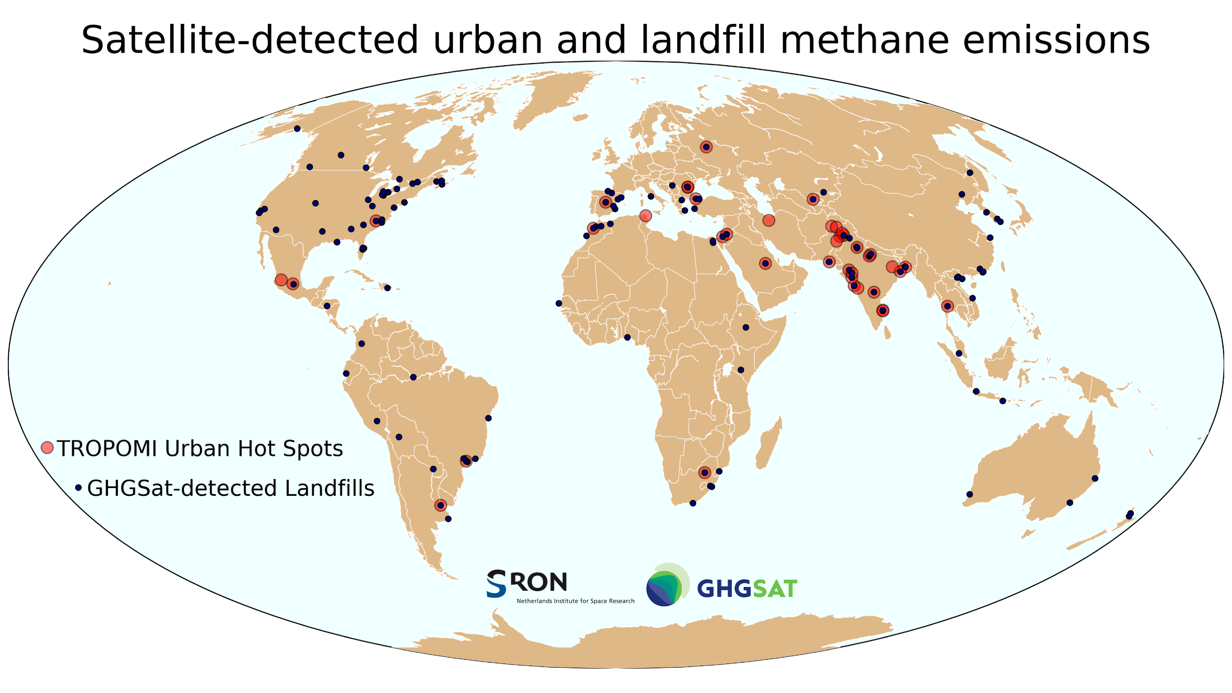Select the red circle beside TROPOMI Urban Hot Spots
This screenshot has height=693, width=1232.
click(47, 448)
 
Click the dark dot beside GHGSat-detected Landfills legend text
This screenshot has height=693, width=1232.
click(78, 488)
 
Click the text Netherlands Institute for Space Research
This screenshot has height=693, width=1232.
click(575, 601)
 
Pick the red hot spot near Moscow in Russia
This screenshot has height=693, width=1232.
click(706, 147)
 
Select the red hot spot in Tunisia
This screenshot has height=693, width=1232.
click(645, 216)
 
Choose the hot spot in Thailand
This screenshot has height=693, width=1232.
click(947, 306)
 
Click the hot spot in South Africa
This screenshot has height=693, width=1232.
click(704, 472)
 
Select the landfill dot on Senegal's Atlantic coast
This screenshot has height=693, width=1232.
click(559, 303)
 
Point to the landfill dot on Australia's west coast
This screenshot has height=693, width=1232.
click(970, 494)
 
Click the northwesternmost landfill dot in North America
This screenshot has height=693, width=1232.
click(297, 129)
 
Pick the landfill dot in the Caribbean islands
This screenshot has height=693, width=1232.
click(387, 288)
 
